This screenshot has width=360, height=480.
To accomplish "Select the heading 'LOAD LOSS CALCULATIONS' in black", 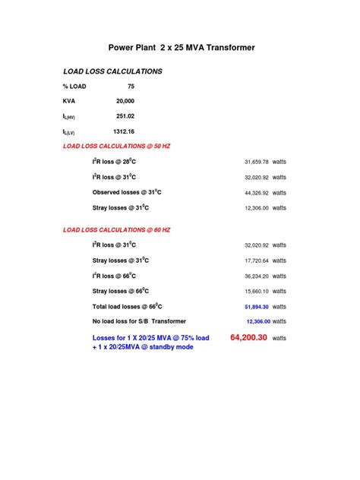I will point(112,71).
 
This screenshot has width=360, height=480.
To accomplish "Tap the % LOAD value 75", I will point(131,86).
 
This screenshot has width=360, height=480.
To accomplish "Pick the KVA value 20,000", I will point(125,100).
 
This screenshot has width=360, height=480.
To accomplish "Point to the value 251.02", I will point(125,115).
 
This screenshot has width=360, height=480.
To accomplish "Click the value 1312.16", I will point(124,131).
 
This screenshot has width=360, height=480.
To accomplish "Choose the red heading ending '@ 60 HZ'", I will point(116,229).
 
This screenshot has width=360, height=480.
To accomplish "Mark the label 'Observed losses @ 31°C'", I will point(127,192).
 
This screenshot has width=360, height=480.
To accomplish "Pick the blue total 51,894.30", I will point(257,306).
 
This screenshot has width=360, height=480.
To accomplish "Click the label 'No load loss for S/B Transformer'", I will point(139,321).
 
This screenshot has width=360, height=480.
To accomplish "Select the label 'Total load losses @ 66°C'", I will point(128,306).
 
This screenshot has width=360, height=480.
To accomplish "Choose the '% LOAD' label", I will point(74,86).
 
